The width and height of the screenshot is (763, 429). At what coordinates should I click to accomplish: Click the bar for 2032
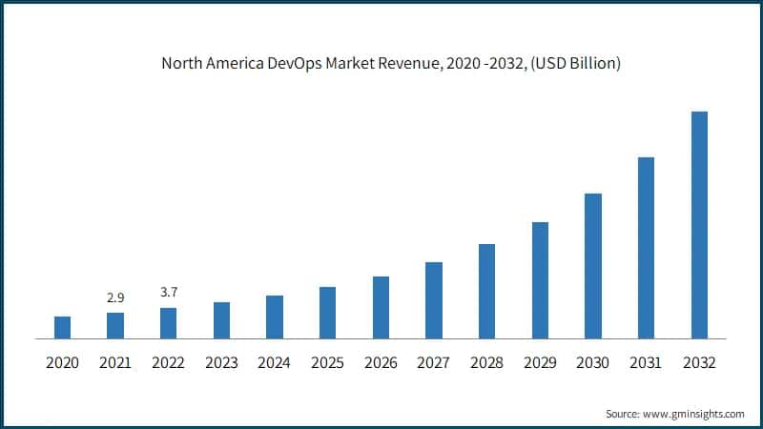click(699, 225)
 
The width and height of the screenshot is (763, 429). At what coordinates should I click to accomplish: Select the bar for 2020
click(62, 327)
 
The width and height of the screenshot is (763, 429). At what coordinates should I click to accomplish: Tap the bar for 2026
click(381, 307)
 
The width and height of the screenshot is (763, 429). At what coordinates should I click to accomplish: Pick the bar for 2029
click(540, 280)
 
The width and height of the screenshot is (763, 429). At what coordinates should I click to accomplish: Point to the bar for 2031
click(646, 248)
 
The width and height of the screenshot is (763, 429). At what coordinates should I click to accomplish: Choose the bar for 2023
click(221, 320)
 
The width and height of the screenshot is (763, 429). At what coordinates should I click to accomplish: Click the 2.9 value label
click(115, 298)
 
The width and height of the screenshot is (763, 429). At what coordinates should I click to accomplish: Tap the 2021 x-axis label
click(115, 363)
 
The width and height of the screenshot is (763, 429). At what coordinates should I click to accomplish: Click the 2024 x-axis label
click(275, 363)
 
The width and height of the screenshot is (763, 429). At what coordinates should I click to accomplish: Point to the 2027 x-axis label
click(434, 363)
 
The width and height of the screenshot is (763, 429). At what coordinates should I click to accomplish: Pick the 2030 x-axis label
click(593, 363)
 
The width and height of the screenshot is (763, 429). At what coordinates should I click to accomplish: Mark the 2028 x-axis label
click(486, 363)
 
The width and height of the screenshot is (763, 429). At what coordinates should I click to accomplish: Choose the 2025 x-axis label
click(327, 363)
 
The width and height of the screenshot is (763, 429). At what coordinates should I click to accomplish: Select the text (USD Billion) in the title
click(573, 65)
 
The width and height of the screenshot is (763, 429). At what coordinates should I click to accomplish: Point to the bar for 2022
click(168, 323)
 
